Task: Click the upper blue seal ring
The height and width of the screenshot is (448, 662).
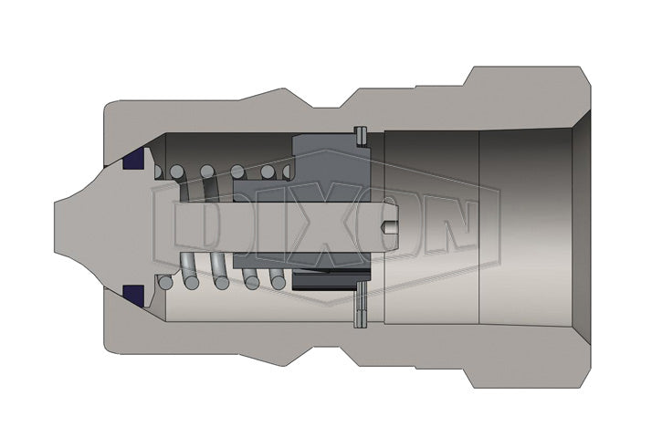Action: (x=134, y=161)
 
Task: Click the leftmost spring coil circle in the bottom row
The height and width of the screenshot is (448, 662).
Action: (x=164, y=283)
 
